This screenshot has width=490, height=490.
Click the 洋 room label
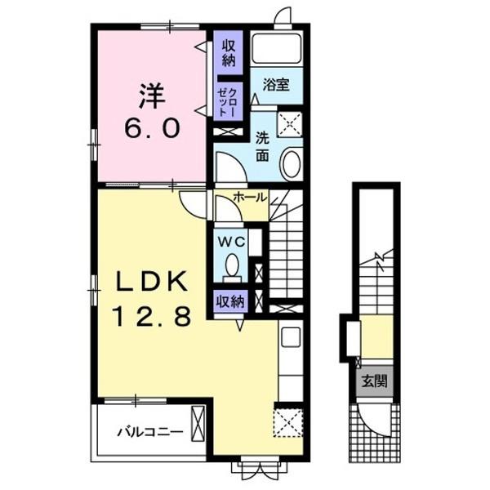[x=152, y=96]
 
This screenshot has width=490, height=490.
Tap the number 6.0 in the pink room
[x=152, y=129]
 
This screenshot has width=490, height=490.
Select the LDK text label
[x=152, y=281]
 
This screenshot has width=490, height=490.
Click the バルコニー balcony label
[x=150, y=432]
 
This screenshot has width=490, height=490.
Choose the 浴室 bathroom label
[x=276, y=84]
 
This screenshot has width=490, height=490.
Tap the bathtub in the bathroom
[x=277, y=48]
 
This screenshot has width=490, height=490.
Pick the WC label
[x=231, y=242]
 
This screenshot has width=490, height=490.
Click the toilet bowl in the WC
[x=232, y=265]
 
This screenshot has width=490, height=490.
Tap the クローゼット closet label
[x=228, y=102]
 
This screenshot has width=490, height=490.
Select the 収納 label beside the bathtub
[x=229, y=53]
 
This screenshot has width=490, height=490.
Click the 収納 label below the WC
[x=230, y=301]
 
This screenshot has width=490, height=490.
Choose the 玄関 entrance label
[x=374, y=381]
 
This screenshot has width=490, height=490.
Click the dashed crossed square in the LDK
[x=288, y=423]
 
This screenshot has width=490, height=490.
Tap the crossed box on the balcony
[x=198, y=423]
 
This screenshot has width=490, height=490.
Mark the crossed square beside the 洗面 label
[x=290, y=124]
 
